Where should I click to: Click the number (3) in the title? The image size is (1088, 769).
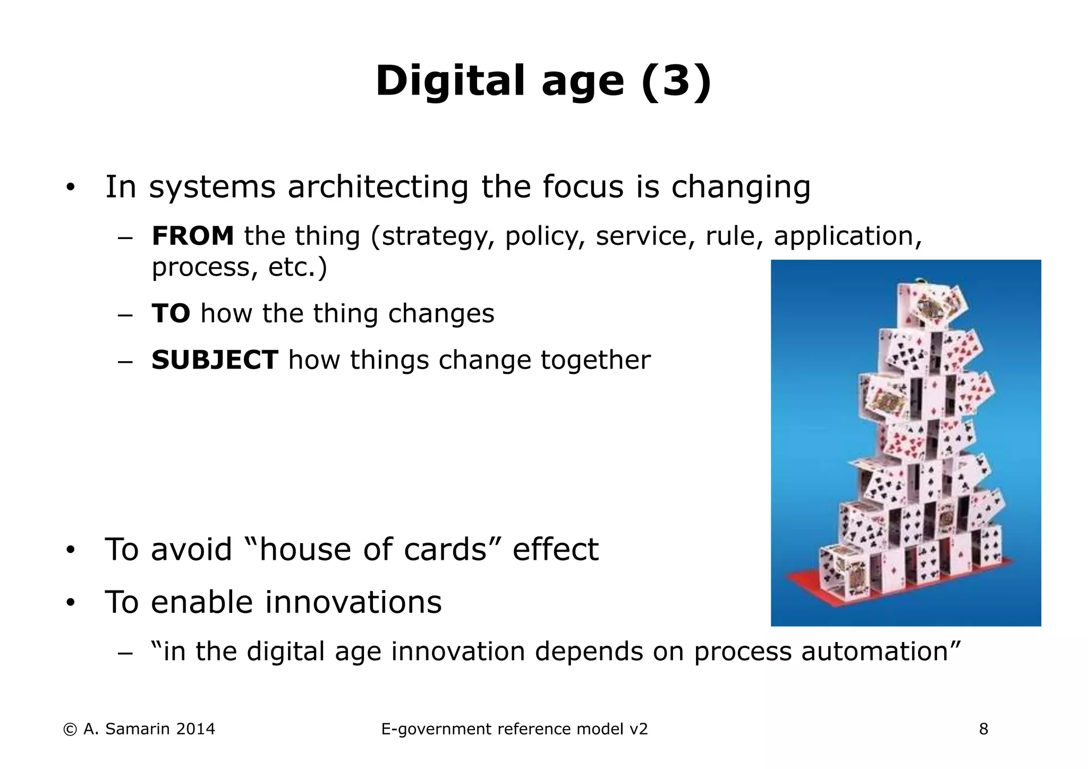(x=676, y=81)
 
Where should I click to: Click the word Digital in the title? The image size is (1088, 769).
(x=449, y=81)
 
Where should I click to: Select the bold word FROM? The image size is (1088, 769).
(x=192, y=236)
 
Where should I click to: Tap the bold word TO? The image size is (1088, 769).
(x=171, y=313)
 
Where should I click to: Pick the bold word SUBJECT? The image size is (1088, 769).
(x=215, y=360)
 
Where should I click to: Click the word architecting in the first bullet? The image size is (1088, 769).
(x=378, y=187)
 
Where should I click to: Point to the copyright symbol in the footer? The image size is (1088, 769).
(x=70, y=729)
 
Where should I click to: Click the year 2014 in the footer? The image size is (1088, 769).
(x=195, y=729)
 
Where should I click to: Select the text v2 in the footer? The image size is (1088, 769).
(x=638, y=729)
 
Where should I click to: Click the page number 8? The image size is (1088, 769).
(x=983, y=729)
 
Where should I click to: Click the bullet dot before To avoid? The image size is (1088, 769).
(x=70, y=550)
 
